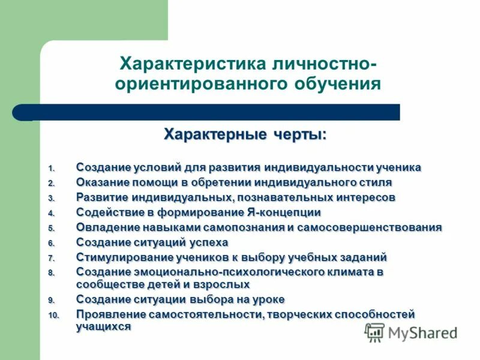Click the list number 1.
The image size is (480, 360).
pyautogui.click(x=52, y=168)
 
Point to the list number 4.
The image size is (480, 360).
pyautogui.click(x=52, y=213)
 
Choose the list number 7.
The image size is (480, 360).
pyautogui.click(x=52, y=258)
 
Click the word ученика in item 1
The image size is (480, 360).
pyautogui.click(x=398, y=167)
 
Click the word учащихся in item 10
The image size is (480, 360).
pyautogui.click(x=104, y=326)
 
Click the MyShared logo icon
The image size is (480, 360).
pyautogui.click(x=374, y=332)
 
